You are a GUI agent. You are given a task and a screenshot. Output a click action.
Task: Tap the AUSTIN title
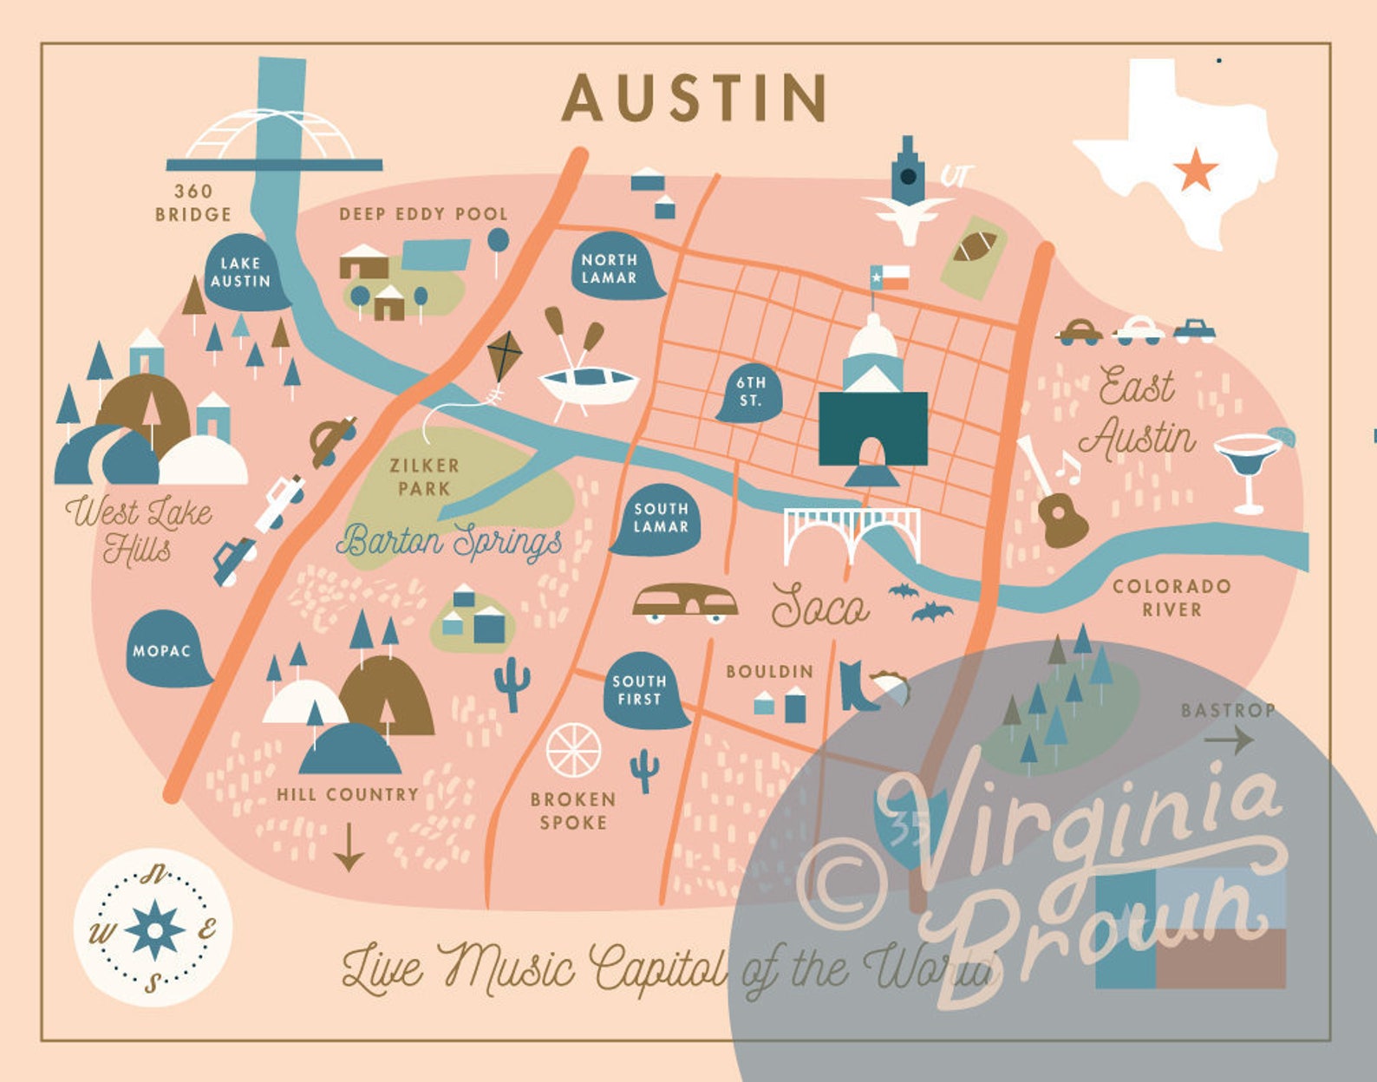[695, 98]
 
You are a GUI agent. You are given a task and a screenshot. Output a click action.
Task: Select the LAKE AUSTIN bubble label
[241, 272]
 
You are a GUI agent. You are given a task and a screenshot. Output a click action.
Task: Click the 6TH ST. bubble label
[750, 393]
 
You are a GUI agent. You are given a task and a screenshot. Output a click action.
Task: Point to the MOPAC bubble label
[162, 650]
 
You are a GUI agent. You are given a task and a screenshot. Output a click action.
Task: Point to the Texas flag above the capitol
[891, 277]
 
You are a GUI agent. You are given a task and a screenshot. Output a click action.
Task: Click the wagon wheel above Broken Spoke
[573, 750]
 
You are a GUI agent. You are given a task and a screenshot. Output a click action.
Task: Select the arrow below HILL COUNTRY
[349, 848]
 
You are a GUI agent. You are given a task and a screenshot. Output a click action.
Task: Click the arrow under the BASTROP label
[1229, 740]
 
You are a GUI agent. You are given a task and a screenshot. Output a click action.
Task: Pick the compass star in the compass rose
[154, 929]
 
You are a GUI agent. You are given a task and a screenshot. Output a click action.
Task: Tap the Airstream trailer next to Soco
[685, 603]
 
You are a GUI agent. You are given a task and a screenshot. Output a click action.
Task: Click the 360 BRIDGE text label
[193, 203]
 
